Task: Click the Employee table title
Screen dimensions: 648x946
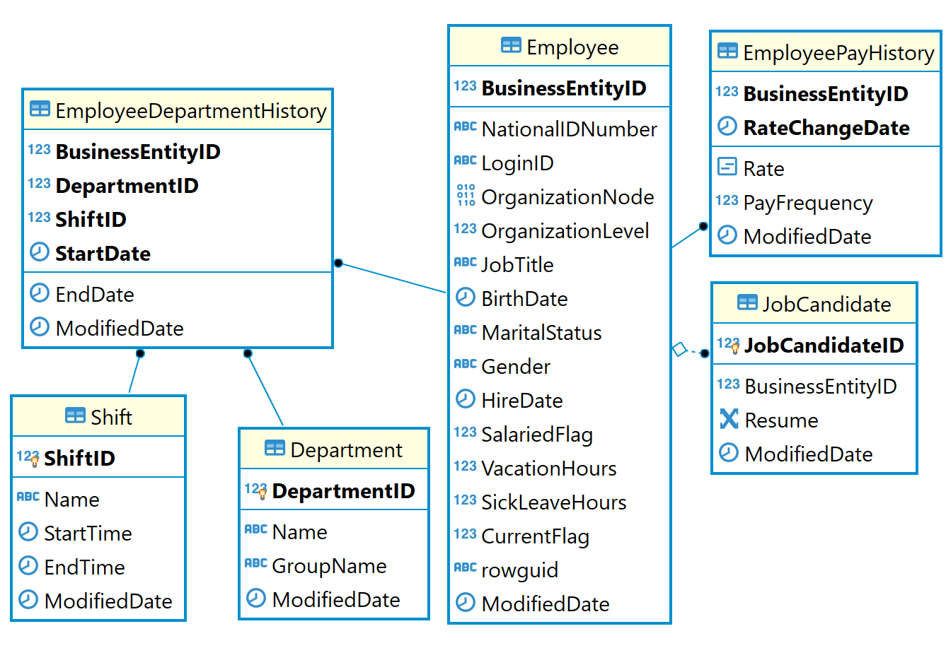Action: tap(572, 47)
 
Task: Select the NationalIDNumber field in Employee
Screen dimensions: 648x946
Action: tap(568, 129)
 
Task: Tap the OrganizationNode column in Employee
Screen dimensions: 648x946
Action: tap(567, 197)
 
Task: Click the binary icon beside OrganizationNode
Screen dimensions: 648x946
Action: tap(466, 196)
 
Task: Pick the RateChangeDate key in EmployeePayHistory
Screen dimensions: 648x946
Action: tap(826, 128)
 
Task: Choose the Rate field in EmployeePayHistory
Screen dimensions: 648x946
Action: tap(763, 169)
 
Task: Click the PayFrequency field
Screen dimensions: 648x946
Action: tap(807, 203)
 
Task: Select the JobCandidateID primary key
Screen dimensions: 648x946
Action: tap(824, 346)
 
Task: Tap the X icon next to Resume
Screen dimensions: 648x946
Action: tap(728, 419)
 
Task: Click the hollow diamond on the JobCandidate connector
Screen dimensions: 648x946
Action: tap(679, 349)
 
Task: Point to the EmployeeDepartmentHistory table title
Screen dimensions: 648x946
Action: tap(190, 111)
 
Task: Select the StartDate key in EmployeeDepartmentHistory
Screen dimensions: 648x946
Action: tap(103, 254)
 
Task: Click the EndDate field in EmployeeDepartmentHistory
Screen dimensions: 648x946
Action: tap(94, 295)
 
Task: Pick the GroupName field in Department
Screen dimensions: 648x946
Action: tap(329, 566)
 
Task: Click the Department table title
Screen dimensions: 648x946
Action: tap(345, 450)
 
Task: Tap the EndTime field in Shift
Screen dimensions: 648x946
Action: tap(84, 567)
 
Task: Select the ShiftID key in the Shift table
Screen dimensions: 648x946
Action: tap(79, 459)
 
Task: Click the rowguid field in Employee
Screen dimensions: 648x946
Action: tap(519, 570)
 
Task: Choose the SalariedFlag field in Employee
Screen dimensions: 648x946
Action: tap(536, 435)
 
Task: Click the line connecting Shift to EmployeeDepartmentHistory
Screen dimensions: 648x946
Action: tap(134, 374)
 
